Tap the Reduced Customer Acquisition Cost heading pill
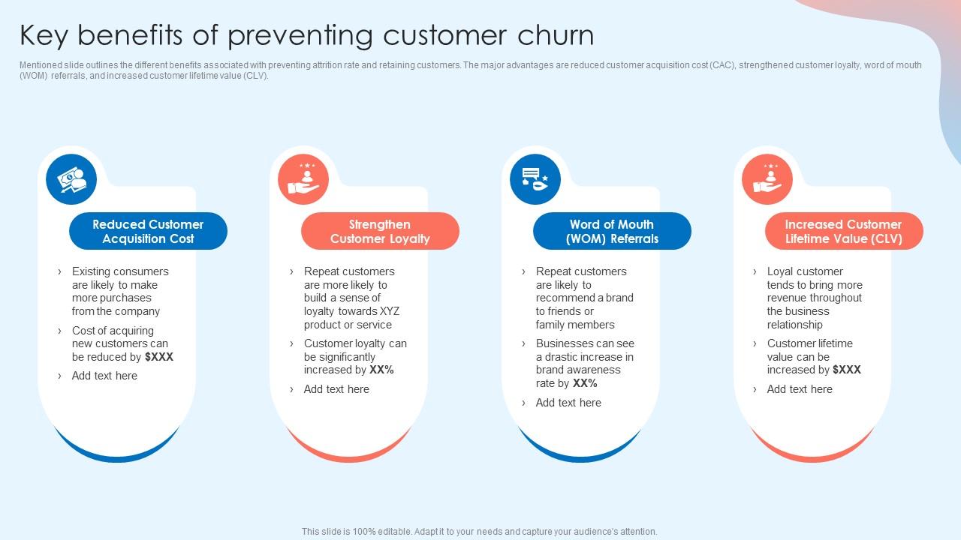click(148, 231)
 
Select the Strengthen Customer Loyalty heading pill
click(380, 231)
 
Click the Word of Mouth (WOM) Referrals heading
click(612, 231)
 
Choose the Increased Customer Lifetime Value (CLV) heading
click(843, 231)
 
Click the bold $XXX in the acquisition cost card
click(159, 357)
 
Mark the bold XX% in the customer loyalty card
click(381, 370)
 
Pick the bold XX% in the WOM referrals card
click(585, 383)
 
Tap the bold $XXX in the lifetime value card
click(847, 370)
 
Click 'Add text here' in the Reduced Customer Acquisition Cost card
click(104, 376)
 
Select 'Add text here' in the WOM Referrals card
click(568, 403)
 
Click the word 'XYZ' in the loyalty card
click(390, 311)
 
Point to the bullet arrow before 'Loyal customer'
click(755, 271)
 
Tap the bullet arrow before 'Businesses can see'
click(524, 343)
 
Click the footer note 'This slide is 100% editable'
click(479, 531)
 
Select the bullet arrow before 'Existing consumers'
click(60, 271)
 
